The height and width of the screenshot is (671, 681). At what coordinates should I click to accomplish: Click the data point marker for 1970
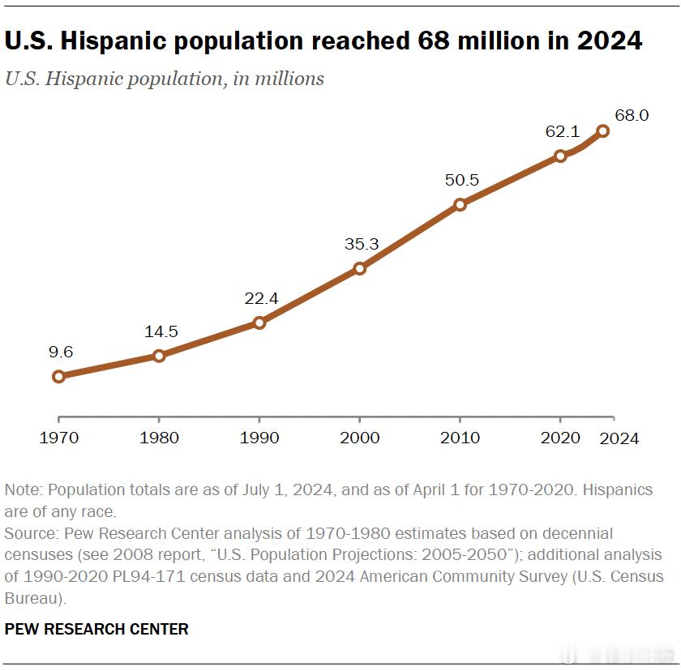tap(58, 376)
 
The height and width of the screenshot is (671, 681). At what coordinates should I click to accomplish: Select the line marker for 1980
tap(159, 355)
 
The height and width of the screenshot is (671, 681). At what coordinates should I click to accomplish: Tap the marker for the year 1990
tap(259, 323)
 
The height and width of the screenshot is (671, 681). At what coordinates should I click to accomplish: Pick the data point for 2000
tap(360, 268)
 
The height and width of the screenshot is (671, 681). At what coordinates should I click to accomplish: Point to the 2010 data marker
tap(460, 204)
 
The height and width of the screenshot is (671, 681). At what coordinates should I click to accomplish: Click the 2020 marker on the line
tap(560, 156)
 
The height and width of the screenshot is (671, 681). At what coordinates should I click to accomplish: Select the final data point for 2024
tap(602, 130)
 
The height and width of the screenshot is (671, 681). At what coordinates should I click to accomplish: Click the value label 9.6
tap(60, 352)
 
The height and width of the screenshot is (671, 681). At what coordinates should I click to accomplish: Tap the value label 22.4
tap(261, 298)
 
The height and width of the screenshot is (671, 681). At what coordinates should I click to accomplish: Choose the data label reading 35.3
tap(362, 243)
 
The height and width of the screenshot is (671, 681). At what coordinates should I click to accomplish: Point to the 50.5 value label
tap(462, 179)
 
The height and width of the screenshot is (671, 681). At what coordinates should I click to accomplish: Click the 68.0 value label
tap(632, 115)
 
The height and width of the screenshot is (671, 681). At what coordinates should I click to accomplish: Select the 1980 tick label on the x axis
tap(159, 438)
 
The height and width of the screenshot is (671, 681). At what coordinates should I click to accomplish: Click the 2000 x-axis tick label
tap(360, 438)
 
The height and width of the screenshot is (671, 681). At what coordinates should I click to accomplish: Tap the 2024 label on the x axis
tap(619, 438)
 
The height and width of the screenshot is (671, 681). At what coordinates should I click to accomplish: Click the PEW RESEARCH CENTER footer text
tap(96, 629)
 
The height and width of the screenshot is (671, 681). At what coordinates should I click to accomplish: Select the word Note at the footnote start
tap(22, 491)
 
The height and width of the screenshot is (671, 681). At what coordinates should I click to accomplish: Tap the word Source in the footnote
tap(31, 534)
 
